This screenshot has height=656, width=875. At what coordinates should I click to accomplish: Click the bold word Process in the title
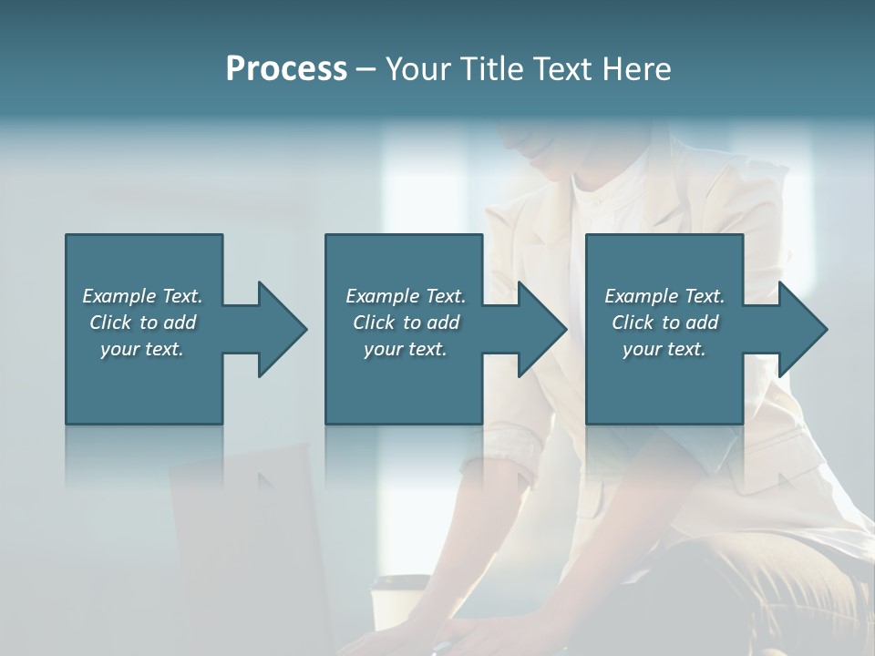(x=286, y=69)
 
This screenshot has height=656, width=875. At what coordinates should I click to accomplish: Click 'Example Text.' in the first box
(x=142, y=296)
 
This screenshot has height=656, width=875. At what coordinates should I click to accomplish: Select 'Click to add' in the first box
(x=143, y=323)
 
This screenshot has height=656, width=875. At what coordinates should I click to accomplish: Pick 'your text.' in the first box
(x=142, y=349)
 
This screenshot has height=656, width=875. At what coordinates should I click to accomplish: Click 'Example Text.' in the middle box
(x=406, y=296)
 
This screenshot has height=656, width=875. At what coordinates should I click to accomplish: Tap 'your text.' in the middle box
(x=406, y=349)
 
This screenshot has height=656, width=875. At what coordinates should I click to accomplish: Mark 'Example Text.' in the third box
(x=664, y=296)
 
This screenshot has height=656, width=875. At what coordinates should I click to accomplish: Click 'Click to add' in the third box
(x=665, y=323)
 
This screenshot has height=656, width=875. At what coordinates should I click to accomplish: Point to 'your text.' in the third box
(x=664, y=349)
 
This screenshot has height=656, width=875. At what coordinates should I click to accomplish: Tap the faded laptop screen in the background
(x=246, y=547)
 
